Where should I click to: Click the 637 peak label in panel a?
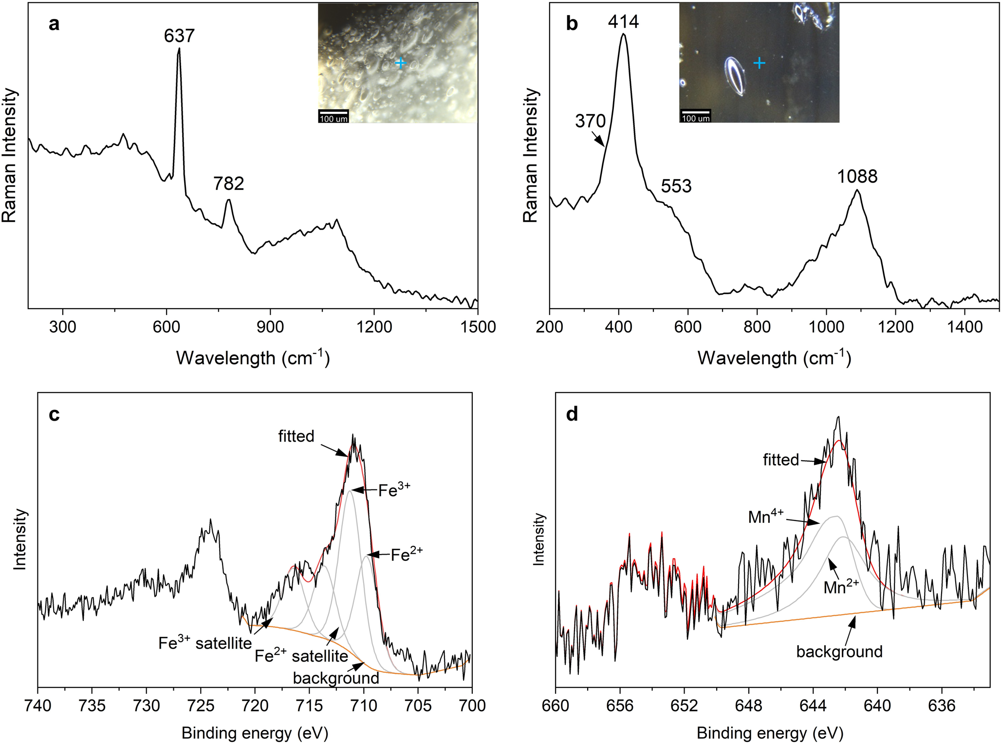179,36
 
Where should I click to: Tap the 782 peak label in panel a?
228,184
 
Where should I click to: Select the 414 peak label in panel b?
623,21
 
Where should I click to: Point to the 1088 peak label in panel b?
857,177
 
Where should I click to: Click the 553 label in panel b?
676,186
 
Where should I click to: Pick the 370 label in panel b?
590,121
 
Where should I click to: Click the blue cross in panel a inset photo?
400,63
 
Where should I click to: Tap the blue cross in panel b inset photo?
759,63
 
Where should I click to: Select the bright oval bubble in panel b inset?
736,76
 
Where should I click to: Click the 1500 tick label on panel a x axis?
478,327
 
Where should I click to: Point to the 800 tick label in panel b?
757,327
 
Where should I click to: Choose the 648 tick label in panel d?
749,706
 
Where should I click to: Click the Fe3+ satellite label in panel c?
205,643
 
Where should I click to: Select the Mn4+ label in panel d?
766,516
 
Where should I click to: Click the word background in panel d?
839,651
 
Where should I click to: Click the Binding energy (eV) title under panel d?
770,733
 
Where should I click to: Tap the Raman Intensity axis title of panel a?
10,156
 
